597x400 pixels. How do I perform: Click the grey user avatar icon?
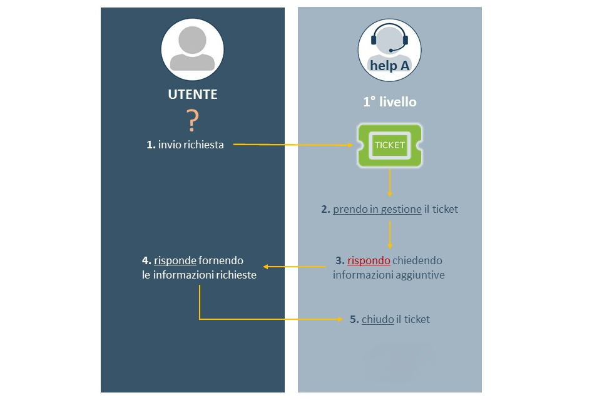click(x=192, y=49)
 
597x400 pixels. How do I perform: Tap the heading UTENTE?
click(x=193, y=95)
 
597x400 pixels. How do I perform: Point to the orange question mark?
click(x=193, y=120)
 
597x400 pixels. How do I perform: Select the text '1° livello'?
click(x=389, y=101)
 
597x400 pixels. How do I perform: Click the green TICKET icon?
click(x=389, y=145)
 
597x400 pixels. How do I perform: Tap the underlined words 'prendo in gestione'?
click(x=377, y=209)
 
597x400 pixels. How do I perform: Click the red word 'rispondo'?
click(x=369, y=260)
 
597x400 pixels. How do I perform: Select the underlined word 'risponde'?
click(x=175, y=260)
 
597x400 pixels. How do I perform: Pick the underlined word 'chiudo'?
click(x=377, y=319)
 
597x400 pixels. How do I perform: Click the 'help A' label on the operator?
click(x=389, y=65)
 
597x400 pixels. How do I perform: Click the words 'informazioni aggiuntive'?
click(x=389, y=274)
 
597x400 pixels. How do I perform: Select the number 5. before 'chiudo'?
click(x=354, y=319)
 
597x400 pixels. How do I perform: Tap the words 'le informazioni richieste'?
click(x=199, y=274)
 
